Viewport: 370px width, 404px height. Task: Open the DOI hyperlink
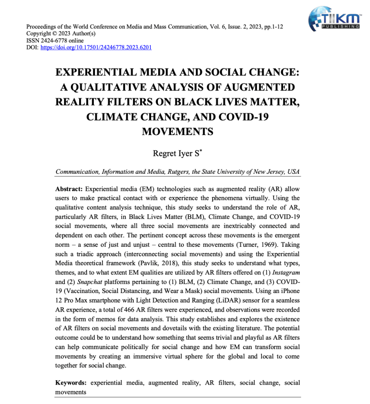(x=96, y=48)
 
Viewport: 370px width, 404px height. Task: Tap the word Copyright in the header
(x=39, y=34)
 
